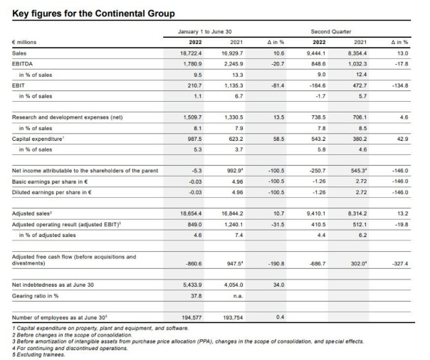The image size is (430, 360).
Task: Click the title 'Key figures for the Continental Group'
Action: click(93, 14)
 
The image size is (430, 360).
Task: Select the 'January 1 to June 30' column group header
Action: click(205, 31)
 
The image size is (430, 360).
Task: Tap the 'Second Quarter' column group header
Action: click(331, 31)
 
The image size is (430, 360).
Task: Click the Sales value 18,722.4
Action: click(191, 53)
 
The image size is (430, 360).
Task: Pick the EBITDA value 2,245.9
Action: click(232, 64)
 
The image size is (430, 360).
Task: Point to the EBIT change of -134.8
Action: click(400, 85)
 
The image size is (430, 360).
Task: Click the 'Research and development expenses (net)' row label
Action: click(67, 117)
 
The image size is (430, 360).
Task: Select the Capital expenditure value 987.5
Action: click(194, 139)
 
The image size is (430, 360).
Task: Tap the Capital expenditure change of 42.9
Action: click(402, 139)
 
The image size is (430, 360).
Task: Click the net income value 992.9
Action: click(236, 171)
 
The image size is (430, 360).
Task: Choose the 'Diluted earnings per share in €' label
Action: click(51, 192)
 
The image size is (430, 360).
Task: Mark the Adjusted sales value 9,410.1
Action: click(316, 213)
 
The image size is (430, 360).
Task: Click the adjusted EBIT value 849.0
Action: click(194, 224)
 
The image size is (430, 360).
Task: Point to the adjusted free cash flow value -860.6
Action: click(194, 263)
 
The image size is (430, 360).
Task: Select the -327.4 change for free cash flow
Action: click(400, 263)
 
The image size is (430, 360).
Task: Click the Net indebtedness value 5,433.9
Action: click(192, 285)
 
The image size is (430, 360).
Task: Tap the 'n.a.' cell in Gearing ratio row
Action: click(238, 296)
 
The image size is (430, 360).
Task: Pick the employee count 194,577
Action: click(192, 317)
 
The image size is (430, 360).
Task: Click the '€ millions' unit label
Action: click(24, 42)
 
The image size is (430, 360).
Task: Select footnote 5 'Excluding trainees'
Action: click(38, 354)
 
